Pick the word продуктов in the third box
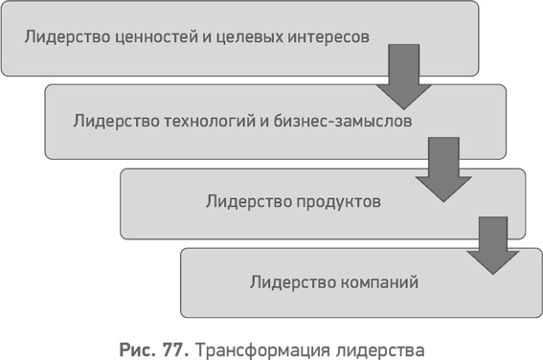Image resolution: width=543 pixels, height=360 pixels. tap(334, 202)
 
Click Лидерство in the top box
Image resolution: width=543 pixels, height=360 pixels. tap(63, 38)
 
